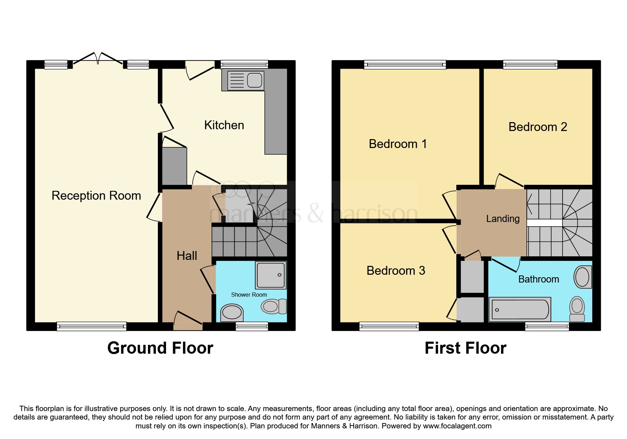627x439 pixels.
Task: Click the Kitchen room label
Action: click(x=224, y=125)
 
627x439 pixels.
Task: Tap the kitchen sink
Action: click(x=246, y=80)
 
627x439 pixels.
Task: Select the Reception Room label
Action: click(x=96, y=195)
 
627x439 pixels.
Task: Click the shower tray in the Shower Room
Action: click(x=271, y=275)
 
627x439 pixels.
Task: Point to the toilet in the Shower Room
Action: click(x=274, y=306)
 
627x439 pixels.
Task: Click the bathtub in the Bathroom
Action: click(x=519, y=310)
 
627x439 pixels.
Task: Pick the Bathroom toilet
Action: click(x=577, y=308)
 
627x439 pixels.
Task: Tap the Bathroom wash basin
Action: click(x=582, y=276)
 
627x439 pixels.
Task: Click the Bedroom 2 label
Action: click(x=537, y=127)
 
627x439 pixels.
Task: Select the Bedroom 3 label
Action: click(x=395, y=270)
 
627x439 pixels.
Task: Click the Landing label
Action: click(x=503, y=219)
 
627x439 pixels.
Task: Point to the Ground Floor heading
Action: click(x=160, y=348)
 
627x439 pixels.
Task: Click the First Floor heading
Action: click(x=465, y=348)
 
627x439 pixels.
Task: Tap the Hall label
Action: click(x=187, y=256)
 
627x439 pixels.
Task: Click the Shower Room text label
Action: click(x=249, y=295)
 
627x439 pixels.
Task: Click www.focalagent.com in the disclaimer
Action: click(x=457, y=426)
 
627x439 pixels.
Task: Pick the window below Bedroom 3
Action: click(x=389, y=326)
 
